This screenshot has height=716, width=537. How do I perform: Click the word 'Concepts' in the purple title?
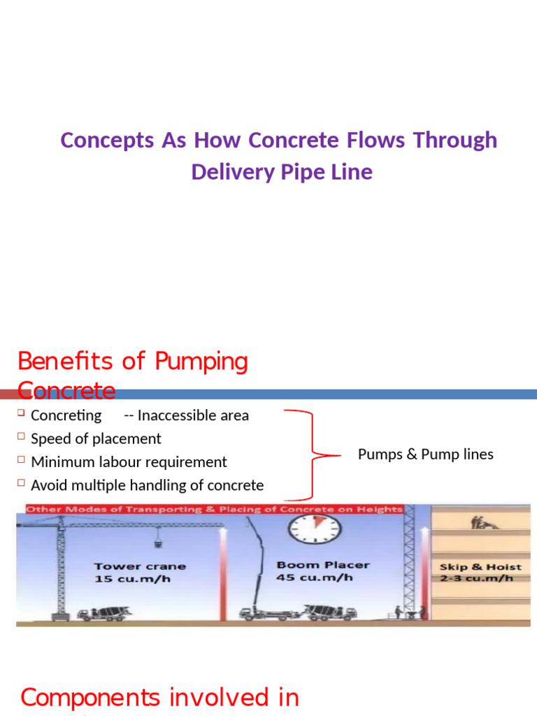coord(107,141)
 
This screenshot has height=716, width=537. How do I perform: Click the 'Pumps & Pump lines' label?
coord(425,454)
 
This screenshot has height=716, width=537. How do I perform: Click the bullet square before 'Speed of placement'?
coord(21,438)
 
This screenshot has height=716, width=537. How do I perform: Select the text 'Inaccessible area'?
coord(193,415)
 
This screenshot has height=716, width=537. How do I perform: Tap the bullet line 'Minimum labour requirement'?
coord(129,462)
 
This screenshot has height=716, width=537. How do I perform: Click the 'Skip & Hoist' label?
coord(480,566)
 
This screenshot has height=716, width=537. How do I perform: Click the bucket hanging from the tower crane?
coord(159,543)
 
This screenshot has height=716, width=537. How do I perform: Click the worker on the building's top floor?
coord(480,522)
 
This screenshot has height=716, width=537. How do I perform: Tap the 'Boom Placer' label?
coord(323,565)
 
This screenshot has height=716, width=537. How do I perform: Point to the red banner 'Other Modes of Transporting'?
coord(213,509)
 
